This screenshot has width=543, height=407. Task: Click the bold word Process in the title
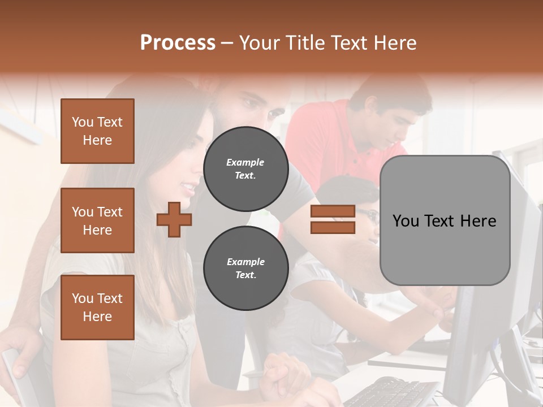pyautogui.click(x=178, y=43)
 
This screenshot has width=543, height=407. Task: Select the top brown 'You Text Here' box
pyautogui.click(x=97, y=131)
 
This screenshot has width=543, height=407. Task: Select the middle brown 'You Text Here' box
pyautogui.click(x=97, y=220)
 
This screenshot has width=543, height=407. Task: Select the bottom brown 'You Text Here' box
pyautogui.click(x=97, y=308)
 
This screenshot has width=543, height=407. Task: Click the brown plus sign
pyautogui.click(x=174, y=219)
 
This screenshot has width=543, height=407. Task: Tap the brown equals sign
pyautogui.click(x=333, y=219)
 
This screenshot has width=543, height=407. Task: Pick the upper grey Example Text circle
pyautogui.click(x=245, y=169)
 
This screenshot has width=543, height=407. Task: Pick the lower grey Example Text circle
pyautogui.click(x=245, y=269)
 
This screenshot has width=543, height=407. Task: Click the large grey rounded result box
pyautogui.click(x=445, y=220)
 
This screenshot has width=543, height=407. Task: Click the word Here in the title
pyautogui.click(x=396, y=43)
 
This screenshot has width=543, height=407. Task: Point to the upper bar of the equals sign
pyautogui.click(x=333, y=211)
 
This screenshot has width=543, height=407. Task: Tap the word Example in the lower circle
pyautogui.click(x=245, y=262)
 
